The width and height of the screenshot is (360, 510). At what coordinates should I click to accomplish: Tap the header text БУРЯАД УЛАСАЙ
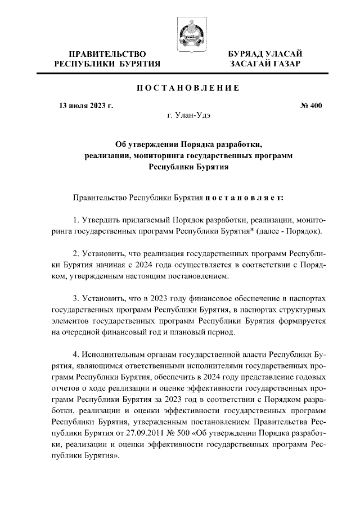tap(265, 53)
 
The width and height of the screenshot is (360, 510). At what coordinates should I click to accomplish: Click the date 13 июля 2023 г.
tap(86, 105)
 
